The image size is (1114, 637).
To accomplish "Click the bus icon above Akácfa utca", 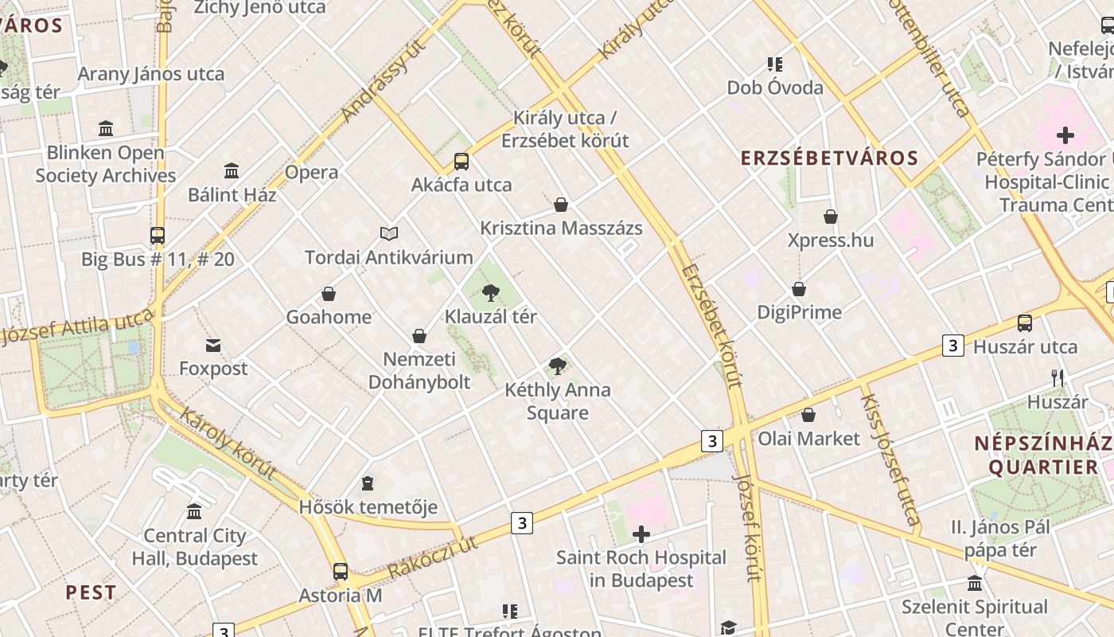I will [x=462, y=162].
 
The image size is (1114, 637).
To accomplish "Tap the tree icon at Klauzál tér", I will [x=490, y=294].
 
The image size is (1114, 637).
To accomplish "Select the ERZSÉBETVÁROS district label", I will [x=829, y=158].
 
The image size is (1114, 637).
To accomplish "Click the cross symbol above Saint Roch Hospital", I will [x=641, y=534].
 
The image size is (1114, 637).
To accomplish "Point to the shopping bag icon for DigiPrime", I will [x=799, y=289].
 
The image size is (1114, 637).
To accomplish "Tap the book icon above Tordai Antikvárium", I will [x=388, y=233].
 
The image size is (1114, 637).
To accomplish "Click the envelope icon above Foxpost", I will [x=213, y=346].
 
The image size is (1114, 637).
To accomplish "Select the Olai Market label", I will [x=808, y=438].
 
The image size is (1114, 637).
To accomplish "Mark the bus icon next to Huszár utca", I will [x=1025, y=323].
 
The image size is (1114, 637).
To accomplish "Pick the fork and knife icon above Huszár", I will [x=1058, y=378].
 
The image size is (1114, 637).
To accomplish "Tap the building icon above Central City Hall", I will [x=194, y=511].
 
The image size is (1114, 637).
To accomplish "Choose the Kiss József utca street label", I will [x=890, y=460].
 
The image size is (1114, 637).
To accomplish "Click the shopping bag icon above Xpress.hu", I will [x=831, y=217].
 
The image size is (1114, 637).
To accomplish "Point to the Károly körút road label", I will [x=228, y=444].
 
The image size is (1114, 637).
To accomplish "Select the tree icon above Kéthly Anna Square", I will [x=558, y=366].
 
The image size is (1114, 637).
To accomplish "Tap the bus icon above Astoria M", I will [x=341, y=572].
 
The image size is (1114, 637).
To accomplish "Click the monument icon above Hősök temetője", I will [x=368, y=483].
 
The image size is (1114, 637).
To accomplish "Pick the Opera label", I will [x=311, y=172].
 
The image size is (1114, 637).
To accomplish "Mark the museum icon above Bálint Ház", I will [x=232, y=170].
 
